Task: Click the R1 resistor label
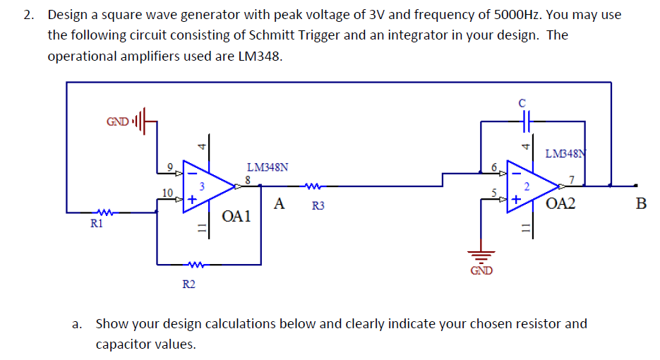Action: point(96,224)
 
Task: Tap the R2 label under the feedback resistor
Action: point(189,284)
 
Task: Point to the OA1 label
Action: point(236,216)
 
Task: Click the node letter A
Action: point(280,205)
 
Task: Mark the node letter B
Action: point(640,205)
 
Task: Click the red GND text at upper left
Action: point(117,121)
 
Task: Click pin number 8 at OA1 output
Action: point(248,179)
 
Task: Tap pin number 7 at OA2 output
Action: point(573,179)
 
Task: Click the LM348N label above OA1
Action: point(267,167)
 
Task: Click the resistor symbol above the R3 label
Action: point(312,187)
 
